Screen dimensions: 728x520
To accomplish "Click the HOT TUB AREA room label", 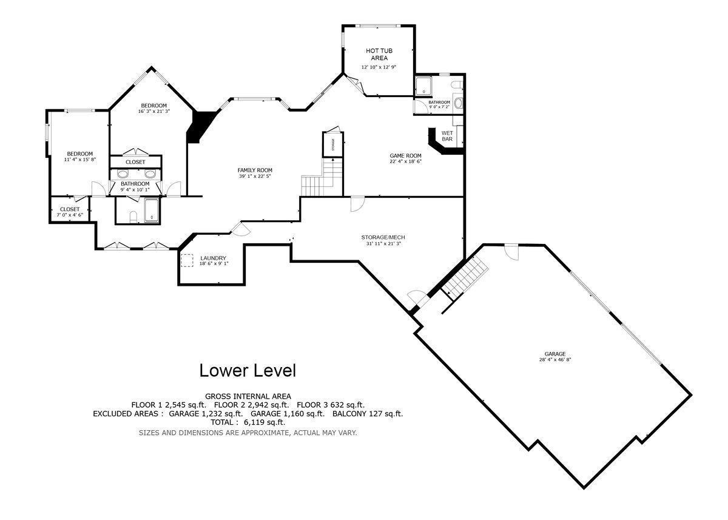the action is [379, 54].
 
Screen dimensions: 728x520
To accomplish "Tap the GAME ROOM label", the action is [405, 156].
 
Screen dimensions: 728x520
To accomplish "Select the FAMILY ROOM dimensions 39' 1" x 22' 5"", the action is [255, 177].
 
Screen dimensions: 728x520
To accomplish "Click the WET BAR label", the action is [447, 136].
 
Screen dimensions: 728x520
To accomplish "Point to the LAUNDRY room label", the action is [213, 258].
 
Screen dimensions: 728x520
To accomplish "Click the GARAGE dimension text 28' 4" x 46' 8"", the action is [555, 360].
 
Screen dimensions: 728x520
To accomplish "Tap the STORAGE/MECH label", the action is [383, 237].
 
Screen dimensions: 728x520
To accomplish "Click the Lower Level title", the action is [248, 371].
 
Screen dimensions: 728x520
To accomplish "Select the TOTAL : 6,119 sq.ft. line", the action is [248, 422].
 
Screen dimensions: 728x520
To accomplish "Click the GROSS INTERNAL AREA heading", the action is [248, 396].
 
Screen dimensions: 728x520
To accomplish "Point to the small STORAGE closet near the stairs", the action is [333, 144].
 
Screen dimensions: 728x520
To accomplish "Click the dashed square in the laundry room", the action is [187, 260].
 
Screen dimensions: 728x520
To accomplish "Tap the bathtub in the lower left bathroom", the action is [152, 211].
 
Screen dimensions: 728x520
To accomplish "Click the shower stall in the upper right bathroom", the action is [423, 86].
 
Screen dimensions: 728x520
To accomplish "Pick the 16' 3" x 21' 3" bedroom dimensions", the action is [153, 111].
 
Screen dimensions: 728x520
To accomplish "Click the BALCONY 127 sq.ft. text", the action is [368, 414].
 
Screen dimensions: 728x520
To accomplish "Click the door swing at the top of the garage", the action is [511, 252].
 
